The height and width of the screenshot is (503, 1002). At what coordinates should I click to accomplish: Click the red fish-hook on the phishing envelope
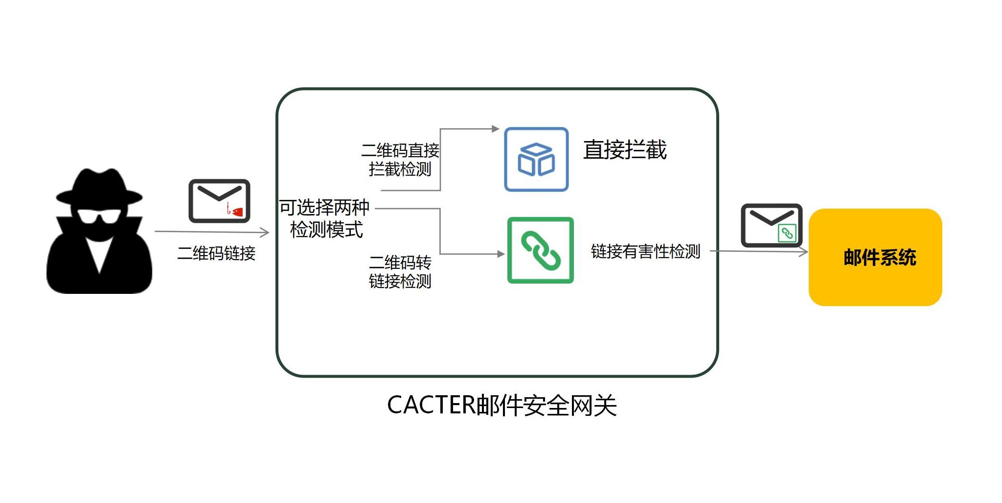(228, 209)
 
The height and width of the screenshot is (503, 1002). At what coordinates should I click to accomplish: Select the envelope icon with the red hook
(219, 201)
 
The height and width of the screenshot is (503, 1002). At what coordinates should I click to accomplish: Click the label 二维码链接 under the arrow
(216, 253)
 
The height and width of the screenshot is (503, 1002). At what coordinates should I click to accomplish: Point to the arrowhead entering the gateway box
(265, 232)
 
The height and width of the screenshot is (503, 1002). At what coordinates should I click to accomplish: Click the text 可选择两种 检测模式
(325, 218)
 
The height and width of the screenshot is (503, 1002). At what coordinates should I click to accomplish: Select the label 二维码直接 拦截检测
(400, 159)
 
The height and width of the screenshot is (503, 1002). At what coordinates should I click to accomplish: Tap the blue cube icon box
(536, 159)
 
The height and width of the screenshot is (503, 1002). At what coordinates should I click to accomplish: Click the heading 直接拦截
(625, 149)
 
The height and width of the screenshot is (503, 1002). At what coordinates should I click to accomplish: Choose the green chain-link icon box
(540, 250)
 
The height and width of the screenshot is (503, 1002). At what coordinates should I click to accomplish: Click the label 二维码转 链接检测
(400, 272)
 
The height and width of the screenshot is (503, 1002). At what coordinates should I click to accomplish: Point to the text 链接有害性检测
(646, 251)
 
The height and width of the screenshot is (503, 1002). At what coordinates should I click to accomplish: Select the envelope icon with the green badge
(771, 225)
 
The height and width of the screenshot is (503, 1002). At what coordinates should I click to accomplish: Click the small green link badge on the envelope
(787, 233)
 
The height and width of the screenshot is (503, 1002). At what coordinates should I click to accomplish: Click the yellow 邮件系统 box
(875, 257)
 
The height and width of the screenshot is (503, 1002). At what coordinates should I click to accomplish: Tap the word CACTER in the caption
(431, 406)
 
